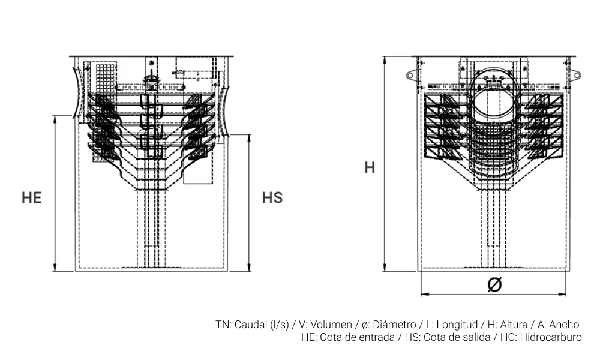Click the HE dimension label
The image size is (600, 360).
[x=32, y=197]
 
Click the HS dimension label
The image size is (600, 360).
[x=272, y=197]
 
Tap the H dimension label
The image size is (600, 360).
[x=370, y=167]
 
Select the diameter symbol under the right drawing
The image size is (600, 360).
[x=494, y=286]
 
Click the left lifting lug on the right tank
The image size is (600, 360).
[x=412, y=75]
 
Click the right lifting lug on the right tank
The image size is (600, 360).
[x=574, y=75]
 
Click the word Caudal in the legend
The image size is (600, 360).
[x=251, y=325]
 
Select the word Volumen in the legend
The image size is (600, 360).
[x=331, y=325]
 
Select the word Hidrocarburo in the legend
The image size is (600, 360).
[x=551, y=337]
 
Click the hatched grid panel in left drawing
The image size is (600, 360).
[x=105, y=81]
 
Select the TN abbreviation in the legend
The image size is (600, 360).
[x=222, y=325]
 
